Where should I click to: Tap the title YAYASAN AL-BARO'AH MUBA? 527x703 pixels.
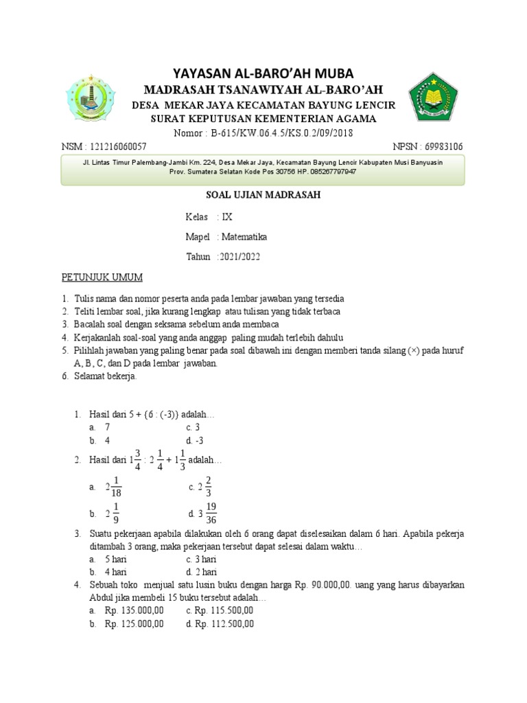click(x=263, y=73)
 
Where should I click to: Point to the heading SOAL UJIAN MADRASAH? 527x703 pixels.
click(x=263, y=195)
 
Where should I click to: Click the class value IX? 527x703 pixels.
click(x=227, y=217)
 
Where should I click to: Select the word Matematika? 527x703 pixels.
click(x=244, y=237)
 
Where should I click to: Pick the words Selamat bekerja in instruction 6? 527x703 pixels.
click(x=106, y=377)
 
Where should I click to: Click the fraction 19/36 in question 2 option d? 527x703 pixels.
click(x=211, y=514)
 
